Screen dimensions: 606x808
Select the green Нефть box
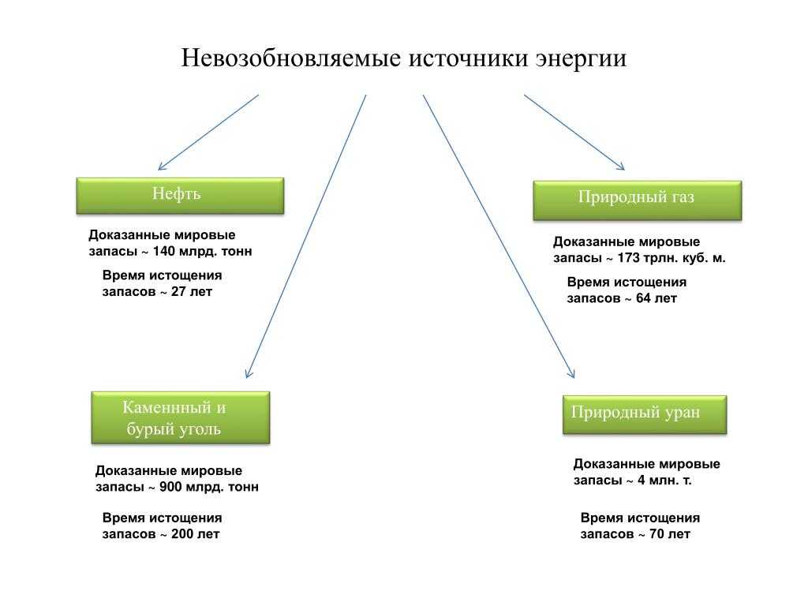179,196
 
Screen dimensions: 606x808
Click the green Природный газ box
637,200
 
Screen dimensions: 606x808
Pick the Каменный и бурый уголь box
181,417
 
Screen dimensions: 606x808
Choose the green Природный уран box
644,414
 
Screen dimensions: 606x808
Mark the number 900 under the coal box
170,487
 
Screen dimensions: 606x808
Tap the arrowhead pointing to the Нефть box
161,167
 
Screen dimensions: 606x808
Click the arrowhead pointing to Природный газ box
621,167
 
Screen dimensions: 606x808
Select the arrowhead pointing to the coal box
249,373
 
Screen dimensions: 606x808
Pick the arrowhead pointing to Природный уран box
572,373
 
